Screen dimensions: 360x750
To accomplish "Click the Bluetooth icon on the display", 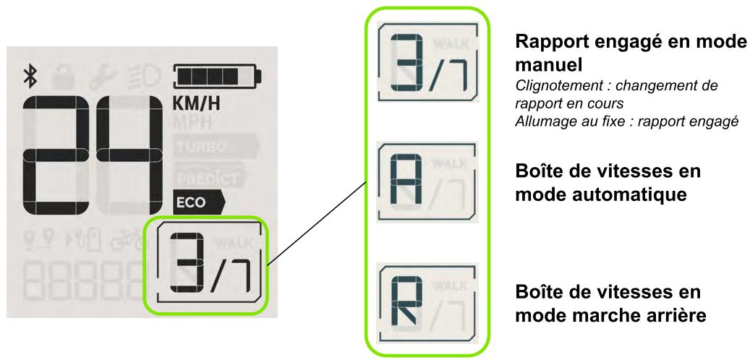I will click(31, 75).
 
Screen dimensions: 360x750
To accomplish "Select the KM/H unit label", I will click(197, 105).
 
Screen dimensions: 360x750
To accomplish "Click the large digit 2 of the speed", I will click(60, 155).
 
